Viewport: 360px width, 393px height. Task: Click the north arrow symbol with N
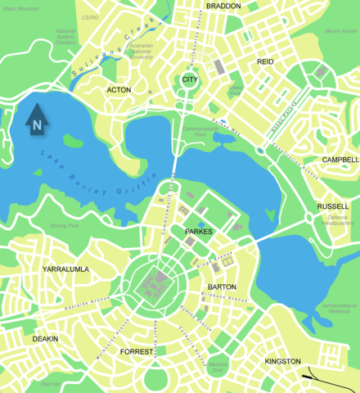pyautogui.click(x=37, y=121)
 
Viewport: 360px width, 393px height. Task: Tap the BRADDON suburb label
pyautogui.click(x=223, y=6)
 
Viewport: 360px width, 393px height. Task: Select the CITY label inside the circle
pyautogui.click(x=190, y=79)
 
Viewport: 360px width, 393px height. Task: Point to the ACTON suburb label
pyautogui.click(x=119, y=90)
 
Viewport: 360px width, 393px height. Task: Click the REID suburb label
pyautogui.click(x=265, y=61)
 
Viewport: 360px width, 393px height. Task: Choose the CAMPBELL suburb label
pyautogui.click(x=340, y=160)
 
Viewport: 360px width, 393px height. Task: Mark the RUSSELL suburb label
pyautogui.click(x=332, y=207)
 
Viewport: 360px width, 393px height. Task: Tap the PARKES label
pyautogui.click(x=198, y=233)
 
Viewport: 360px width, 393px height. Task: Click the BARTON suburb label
pyautogui.click(x=222, y=287)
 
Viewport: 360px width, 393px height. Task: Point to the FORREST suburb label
pyautogui.click(x=137, y=351)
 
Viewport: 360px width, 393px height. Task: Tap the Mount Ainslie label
pyautogui.click(x=340, y=30)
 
